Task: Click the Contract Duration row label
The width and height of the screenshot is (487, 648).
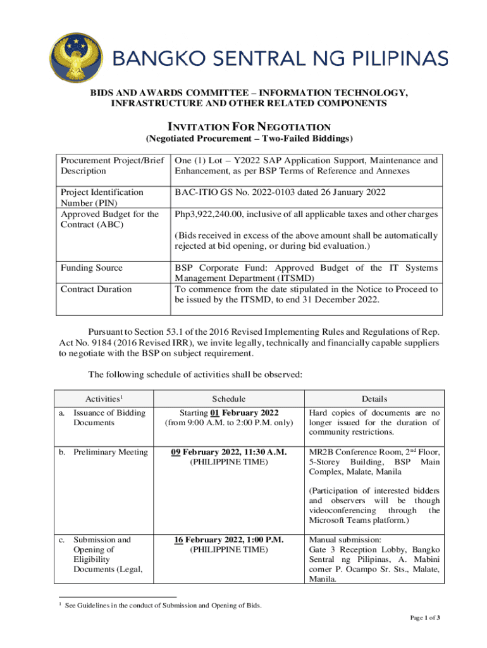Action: coord(96,289)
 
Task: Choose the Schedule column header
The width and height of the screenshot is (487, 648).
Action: coord(229,399)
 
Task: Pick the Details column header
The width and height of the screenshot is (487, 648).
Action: coord(374,399)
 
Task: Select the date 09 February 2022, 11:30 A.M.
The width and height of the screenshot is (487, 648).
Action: coord(229,451)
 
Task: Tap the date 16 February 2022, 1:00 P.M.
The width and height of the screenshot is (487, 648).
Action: coord(229,540)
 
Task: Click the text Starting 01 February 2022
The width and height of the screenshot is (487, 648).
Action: coord(229,413)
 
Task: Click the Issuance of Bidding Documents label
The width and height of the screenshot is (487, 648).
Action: coord(109,418)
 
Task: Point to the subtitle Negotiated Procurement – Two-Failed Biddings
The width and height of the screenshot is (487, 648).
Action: coord(249,139)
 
